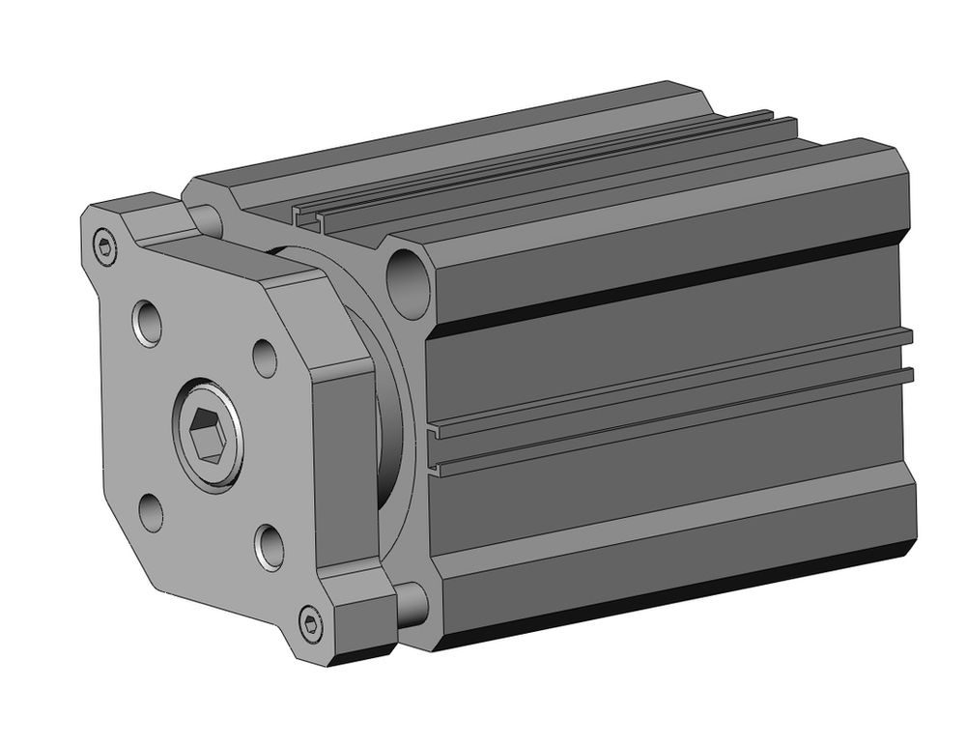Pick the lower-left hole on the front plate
(x=150, y=510)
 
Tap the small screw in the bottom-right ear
(x=310, y=623)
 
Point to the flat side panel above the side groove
(x=667, y=329)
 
